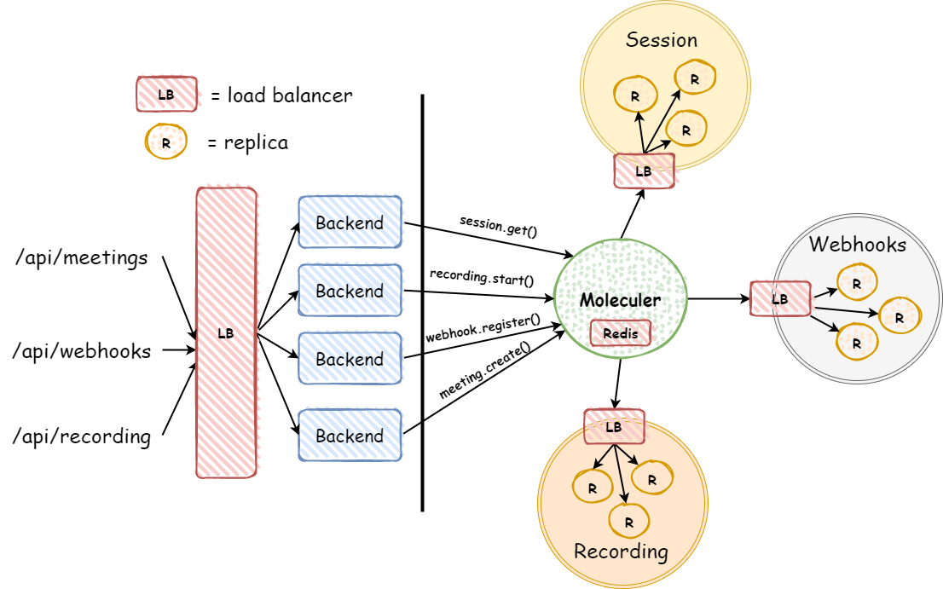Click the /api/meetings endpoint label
pos(81,257)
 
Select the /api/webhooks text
pos(83,350)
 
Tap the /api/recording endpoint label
pos(82,437)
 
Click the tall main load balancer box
pos(226,333)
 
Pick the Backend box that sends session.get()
pos(350,222)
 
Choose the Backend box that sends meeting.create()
pos(350,436)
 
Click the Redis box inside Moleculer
pos(620,334)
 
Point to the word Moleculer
pos(620,300)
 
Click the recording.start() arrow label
pos(481,278)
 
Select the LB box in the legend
pos(166,95)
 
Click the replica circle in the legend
pos(165,143)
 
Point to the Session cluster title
pos(661,40)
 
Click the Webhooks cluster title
pos(857,245)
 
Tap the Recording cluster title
pos(621,551)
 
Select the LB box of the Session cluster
pos(644,171)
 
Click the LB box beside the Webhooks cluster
pos(779,299)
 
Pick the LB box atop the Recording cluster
pos(614,427)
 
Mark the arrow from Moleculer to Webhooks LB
pos(718,299)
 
